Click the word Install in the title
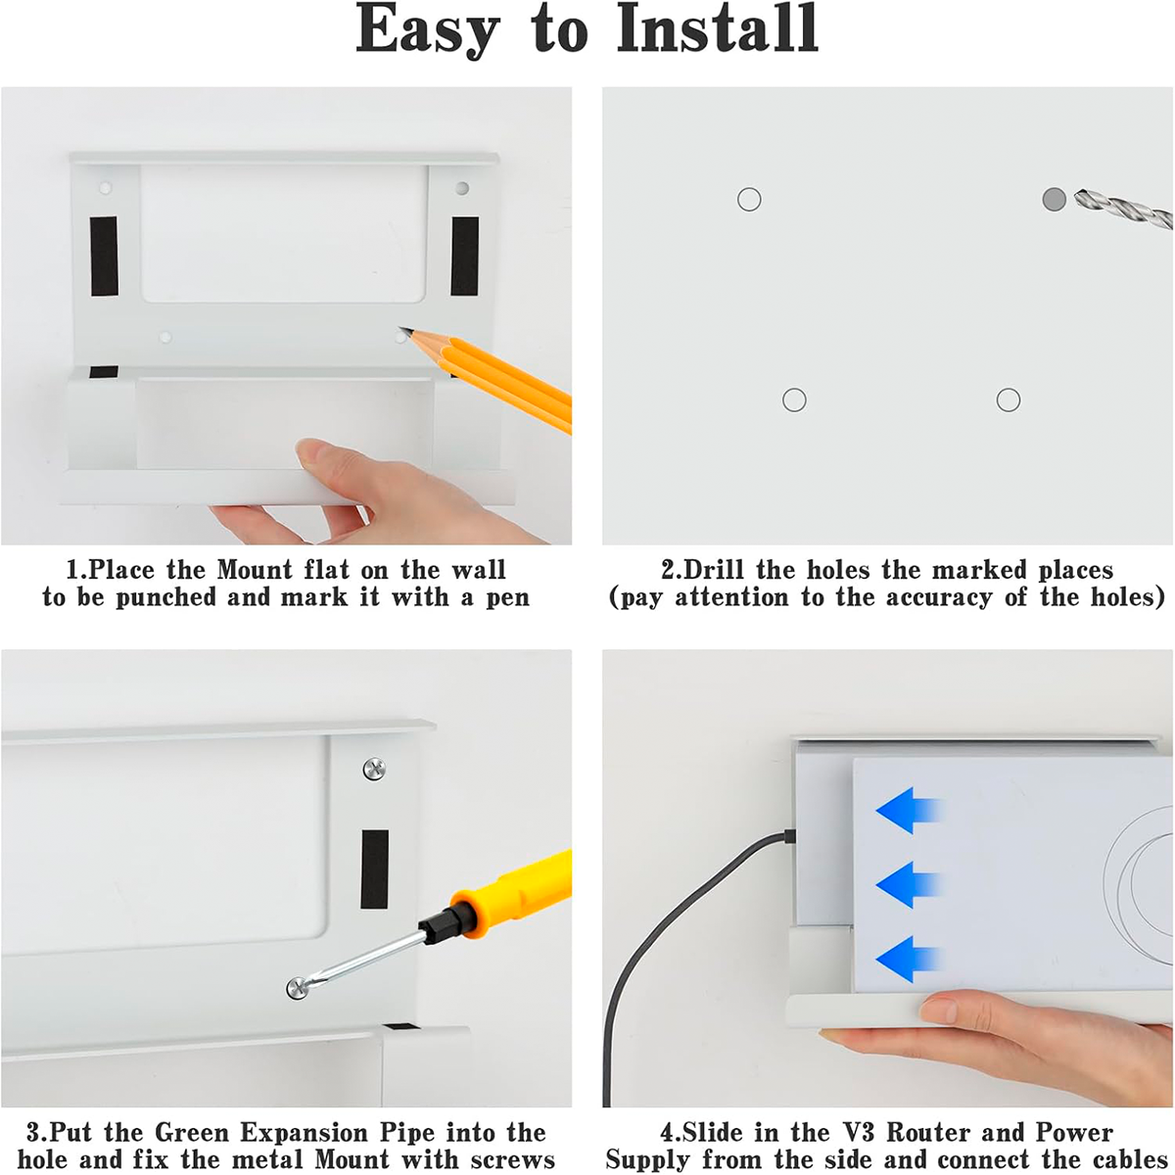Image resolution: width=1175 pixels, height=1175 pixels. point(718,28)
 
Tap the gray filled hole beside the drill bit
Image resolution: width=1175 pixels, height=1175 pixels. point(1055,199)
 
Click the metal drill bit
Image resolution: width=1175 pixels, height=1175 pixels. point(1124,209)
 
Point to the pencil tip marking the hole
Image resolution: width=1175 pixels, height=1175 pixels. point(402,331)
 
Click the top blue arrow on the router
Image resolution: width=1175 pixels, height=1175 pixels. point(909,811)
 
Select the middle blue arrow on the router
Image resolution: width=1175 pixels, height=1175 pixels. point(909,885)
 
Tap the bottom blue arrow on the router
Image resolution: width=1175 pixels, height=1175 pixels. point(909,960)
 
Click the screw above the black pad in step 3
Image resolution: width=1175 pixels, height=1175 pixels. point(374,770)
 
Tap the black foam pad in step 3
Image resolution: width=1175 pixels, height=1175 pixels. point(374,869)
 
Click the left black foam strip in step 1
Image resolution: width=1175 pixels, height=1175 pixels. point(104,257)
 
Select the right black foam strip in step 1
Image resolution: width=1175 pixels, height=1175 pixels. point(465,257)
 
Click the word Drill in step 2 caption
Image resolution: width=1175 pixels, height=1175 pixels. point(714,570)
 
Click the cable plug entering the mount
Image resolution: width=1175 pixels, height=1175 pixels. point(789,835)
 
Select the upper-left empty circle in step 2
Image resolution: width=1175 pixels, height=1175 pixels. point(749,200)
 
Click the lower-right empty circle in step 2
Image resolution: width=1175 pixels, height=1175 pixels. point(1008,400)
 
